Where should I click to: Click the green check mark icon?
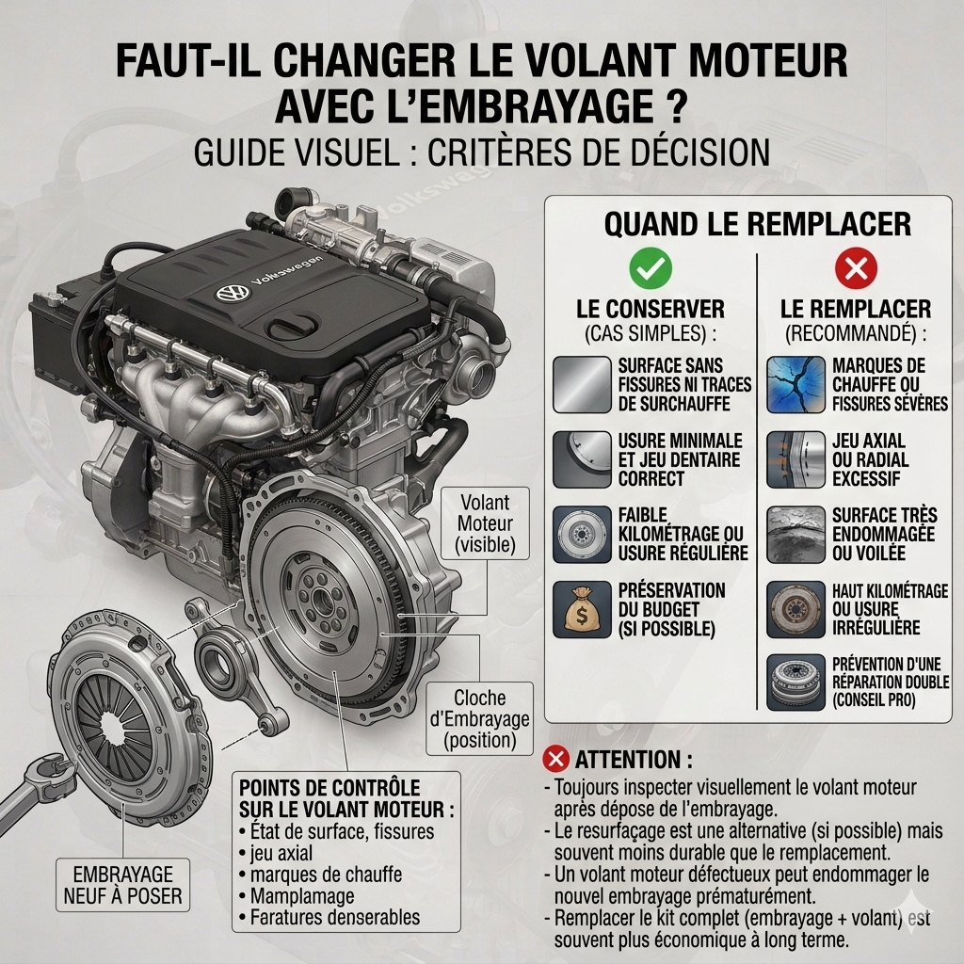click(x=651, y=268)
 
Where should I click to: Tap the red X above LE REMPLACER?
click(x=856, y=268)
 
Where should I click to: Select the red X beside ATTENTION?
click(x=555, y=759)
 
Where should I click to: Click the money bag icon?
click(x=582, y=609)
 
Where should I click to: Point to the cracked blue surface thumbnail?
click(x=795, y=385)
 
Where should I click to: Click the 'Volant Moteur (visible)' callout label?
click(x=485, y=523)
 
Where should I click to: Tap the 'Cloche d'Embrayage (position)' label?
click(x=479, y=718)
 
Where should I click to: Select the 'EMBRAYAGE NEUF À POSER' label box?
click(x=123, y=885)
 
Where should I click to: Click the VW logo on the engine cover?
click(x=233, y=293)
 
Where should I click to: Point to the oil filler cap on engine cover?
click(x=295, y=326)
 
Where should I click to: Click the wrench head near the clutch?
click(x=54, y=771)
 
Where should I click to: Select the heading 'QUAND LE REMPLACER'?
click(x=758, y=224)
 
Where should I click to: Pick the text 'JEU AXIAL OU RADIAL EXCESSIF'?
click(x=870, y=459)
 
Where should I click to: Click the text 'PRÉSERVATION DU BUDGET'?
click(x=671, y=600)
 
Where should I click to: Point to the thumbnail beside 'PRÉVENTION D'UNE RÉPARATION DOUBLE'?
click(x=795, y=683)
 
